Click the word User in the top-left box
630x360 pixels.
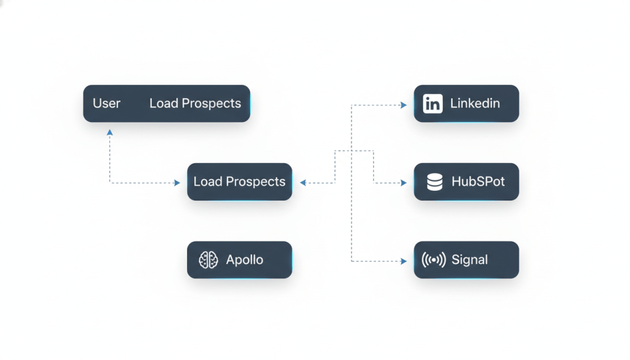pos(106,103)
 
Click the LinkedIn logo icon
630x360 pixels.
pos(433,103)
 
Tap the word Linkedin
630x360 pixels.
pos(475,103)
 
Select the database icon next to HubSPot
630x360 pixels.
pos(434,182)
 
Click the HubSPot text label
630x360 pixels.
pos(478,182)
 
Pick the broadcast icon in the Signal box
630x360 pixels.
pos(434,260)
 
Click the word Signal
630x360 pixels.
pos(469,260)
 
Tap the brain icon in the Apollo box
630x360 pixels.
pos(209,260)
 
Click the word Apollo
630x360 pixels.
pos(244,260)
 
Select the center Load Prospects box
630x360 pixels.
pos(239,182)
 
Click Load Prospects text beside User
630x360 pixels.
pos(195,103)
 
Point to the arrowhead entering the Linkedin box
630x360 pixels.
pos(404,105)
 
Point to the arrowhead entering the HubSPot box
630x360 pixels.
pos(404,183)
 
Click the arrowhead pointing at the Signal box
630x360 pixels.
pos(404,262)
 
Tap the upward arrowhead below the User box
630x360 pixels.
pos(110,132)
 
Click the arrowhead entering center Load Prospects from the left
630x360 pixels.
pos(177,183)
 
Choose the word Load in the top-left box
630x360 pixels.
pos(163,103)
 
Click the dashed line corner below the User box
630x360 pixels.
pos(110,183)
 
